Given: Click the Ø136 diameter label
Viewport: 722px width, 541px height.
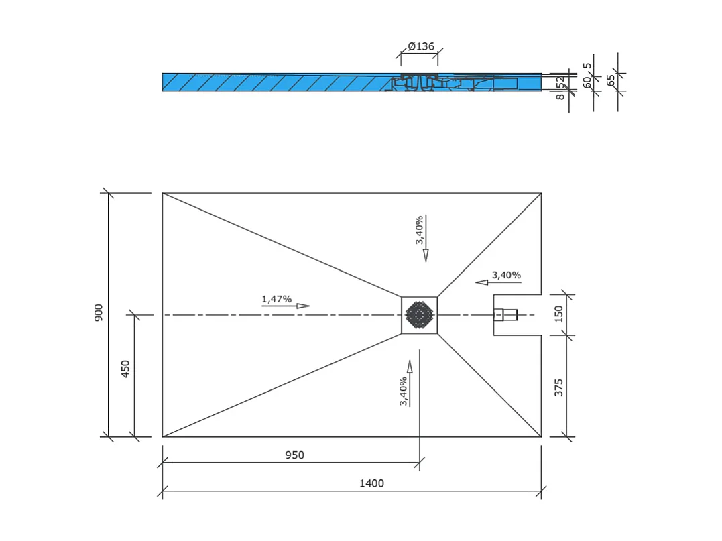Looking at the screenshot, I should click(421, 46).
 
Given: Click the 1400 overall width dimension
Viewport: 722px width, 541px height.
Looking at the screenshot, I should click(371, 483).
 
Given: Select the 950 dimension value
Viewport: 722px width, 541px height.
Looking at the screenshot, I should click(294, 455).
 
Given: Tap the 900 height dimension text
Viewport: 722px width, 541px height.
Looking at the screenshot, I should click(99, 312).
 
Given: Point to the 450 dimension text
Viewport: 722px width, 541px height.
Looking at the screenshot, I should click(125, 369).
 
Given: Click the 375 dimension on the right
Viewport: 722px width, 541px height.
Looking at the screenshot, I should click(559, 387).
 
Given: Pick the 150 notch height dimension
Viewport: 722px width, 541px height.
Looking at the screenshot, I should click(559, 314).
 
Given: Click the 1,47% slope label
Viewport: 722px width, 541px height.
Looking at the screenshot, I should click(277, 299).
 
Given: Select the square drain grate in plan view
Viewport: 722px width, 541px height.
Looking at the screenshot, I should click(420, 314).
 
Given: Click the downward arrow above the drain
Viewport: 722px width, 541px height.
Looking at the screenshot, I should click(425, 255).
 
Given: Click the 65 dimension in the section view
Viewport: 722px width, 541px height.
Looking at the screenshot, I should click(610, 79).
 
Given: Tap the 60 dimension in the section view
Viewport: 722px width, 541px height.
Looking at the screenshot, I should click(587, 82).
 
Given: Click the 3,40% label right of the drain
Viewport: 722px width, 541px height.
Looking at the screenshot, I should click(506, 275).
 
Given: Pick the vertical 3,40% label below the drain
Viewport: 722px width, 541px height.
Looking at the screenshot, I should click(404, 392).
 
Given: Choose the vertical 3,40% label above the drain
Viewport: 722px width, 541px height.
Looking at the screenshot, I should click(419, 230).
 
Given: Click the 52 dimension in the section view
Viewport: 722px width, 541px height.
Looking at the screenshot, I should click(560, 82).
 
